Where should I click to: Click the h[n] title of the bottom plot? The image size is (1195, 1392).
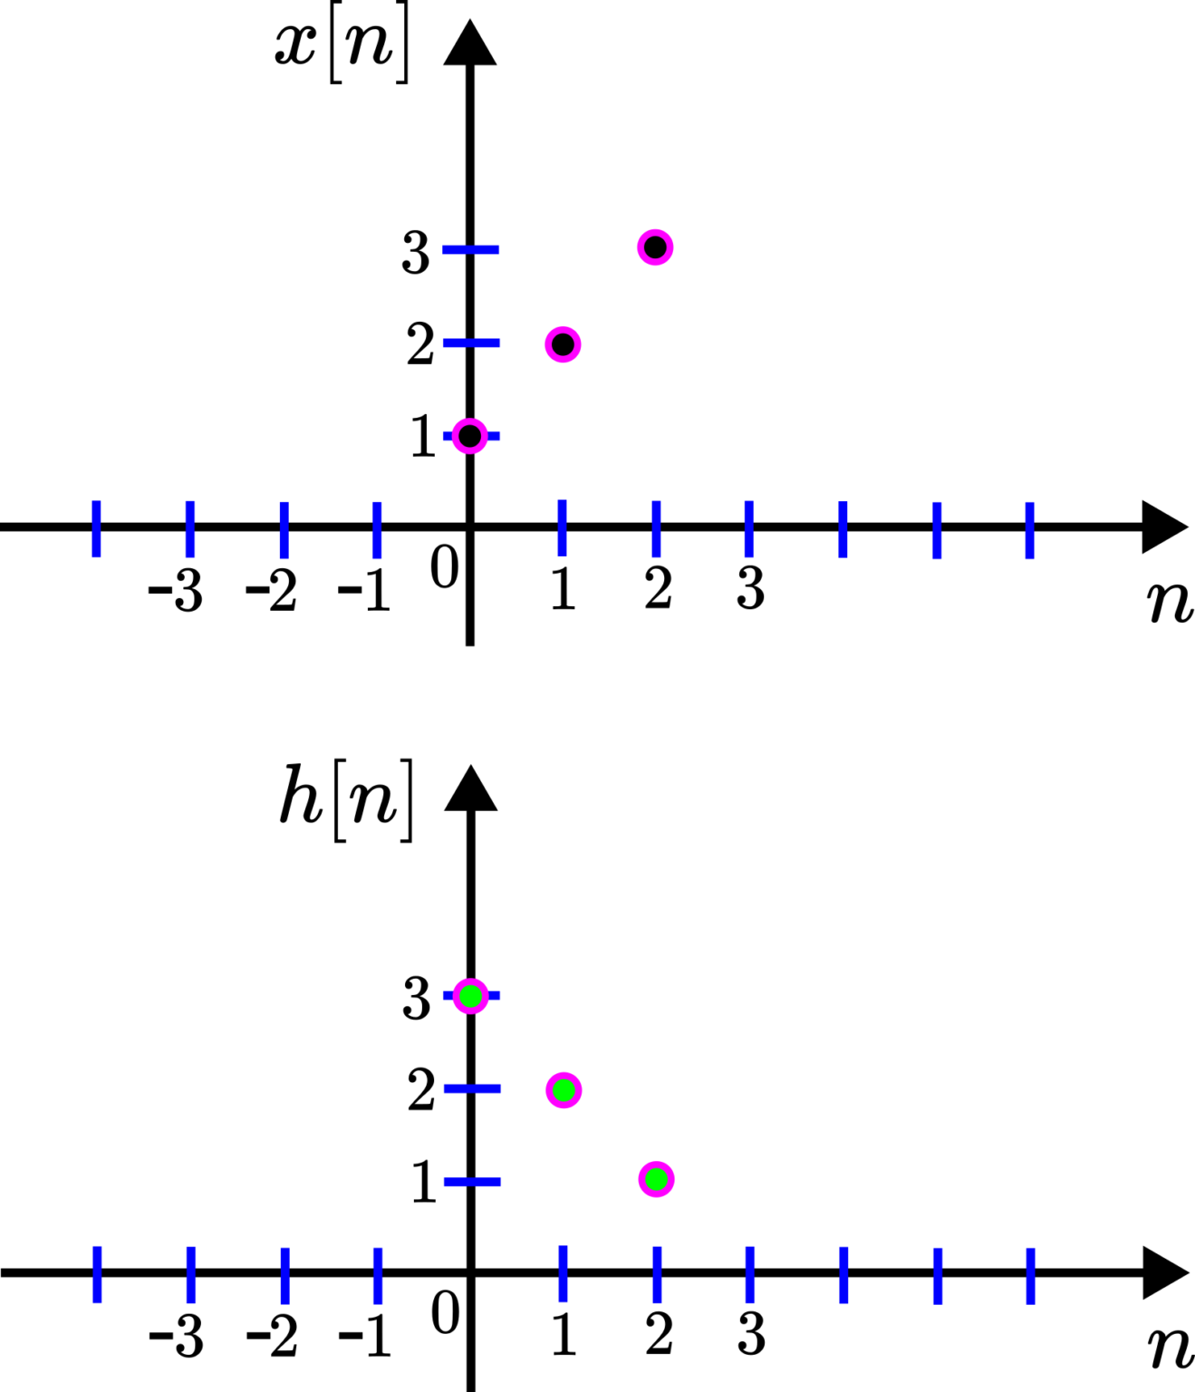346,801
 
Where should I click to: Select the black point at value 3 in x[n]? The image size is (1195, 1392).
655,247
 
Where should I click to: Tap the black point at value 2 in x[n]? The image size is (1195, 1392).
563,344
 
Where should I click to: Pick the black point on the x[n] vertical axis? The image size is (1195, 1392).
470,436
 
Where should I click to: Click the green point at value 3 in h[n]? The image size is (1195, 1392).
471,995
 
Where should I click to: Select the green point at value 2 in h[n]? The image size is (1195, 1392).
564,1089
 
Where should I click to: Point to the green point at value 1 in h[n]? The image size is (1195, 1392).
657,1179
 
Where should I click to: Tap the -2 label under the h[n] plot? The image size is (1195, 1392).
271,1336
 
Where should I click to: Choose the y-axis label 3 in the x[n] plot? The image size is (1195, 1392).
415,252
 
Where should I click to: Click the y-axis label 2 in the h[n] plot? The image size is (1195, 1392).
421,1089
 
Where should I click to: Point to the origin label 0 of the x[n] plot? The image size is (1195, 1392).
444,567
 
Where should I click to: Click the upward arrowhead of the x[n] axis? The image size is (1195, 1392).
470,42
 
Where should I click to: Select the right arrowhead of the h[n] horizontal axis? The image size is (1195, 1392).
1165,1272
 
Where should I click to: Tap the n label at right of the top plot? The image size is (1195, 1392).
1171,602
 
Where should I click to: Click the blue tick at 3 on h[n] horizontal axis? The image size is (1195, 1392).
750,1275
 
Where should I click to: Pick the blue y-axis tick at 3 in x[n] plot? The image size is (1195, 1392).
470,250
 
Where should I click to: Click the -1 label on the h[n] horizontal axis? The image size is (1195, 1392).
364,1336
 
